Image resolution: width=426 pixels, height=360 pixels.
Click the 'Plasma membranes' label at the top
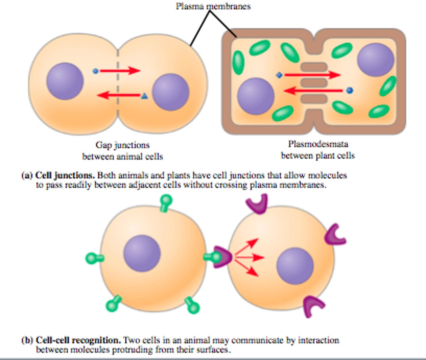tap(213, 6)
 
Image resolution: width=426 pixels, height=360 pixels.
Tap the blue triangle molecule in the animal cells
tap(144, 96)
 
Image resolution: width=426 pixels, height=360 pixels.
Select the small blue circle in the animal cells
tap(95, 71)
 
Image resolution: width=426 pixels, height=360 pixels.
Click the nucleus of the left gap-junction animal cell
tap(65, 81)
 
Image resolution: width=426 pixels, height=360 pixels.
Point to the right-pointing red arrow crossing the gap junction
tap(120, 71)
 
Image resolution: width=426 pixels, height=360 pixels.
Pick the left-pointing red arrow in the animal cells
tap(119, 95)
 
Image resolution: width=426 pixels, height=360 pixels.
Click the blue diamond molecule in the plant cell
tap(279, 75)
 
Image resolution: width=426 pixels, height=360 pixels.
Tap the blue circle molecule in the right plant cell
tap(349, 90)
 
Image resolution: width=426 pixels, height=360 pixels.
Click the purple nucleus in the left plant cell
tap(255, 96)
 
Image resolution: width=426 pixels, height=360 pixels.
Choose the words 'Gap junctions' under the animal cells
tap(122, 145)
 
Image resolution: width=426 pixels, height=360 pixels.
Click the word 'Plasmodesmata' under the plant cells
tap(318, 144)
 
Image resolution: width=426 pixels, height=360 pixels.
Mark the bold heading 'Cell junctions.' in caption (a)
tap(65, 175)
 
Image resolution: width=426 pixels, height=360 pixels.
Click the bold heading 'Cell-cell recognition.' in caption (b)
tap(78, 340)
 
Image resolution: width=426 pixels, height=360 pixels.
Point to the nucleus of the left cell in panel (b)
tap(142, 253)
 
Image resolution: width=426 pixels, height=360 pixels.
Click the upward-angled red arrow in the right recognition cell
tap(247, 247)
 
